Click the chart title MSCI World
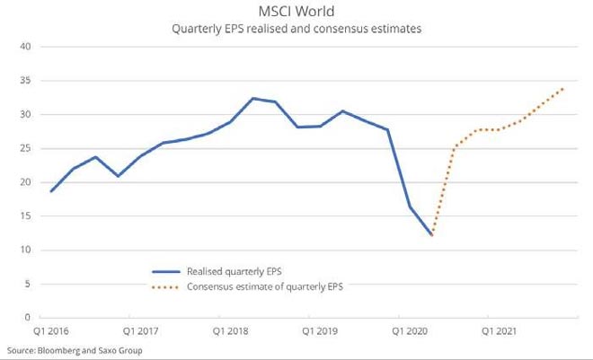tap(296, 12)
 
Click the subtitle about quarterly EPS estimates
tap(296, 30)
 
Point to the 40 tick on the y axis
tap(25, 47)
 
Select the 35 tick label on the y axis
tap(25, 81)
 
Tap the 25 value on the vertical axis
tap(25, 148)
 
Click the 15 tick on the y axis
tap(25, 216)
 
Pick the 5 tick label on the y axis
tap(28, 284)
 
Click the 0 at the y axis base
tap(28, 318)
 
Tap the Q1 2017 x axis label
tap(141, 331)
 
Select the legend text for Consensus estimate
tap(264, 287)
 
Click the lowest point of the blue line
tap(432, 235)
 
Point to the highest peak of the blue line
tap(253, 98)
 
